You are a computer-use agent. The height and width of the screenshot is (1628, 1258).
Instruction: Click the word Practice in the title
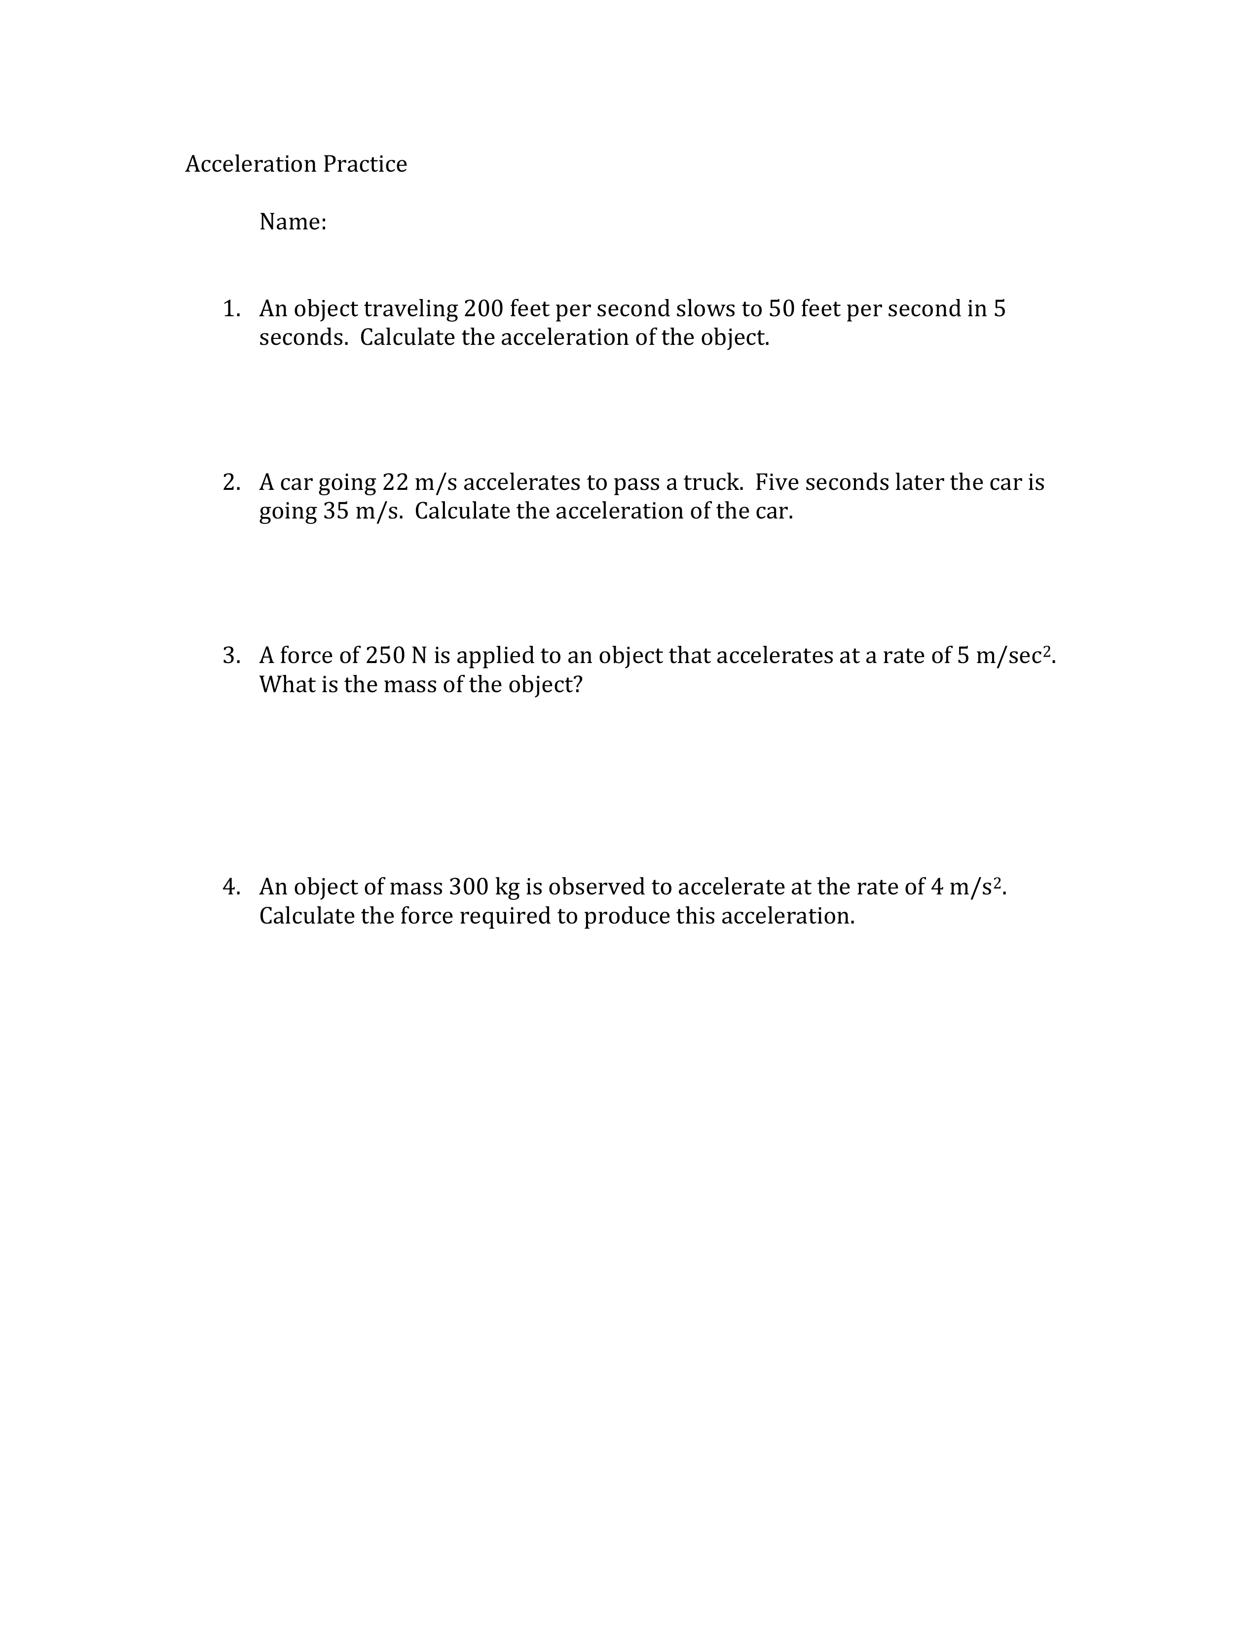click(x=365, y=164)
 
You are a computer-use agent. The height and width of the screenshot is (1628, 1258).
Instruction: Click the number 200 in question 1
click(x=483, y=309)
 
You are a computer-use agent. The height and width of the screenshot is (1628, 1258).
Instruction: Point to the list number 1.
click(x=231, y=309)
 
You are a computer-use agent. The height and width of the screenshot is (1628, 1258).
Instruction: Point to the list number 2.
click(x=231, y=482)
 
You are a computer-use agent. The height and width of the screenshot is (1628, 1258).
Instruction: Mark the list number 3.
click(x=231, y=656)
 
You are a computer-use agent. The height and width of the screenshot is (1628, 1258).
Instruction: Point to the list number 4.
click(x=231, y=887)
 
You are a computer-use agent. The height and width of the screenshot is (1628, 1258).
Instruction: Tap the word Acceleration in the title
click(x=251, y=164)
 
